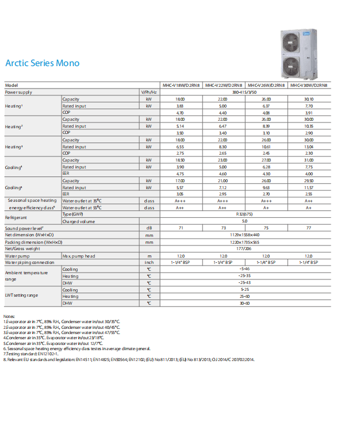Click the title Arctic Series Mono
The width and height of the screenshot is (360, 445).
pyautogui.click(x=42, y=63)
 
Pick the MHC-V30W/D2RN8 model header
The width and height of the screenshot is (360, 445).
pyautogui.click(x=309, y=85)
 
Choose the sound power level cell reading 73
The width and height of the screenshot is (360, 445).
pyautogui.click(x=223, y=228)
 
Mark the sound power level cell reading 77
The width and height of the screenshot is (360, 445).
pyautogui.click(x=309, y=228)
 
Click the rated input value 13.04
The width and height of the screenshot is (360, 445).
pyautogui.click(x=309, y=147)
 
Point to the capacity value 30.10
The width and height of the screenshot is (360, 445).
pyautogui.click(x=309, y=99)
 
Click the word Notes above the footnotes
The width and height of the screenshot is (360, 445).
pyautogui.click(x=9, y=317)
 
